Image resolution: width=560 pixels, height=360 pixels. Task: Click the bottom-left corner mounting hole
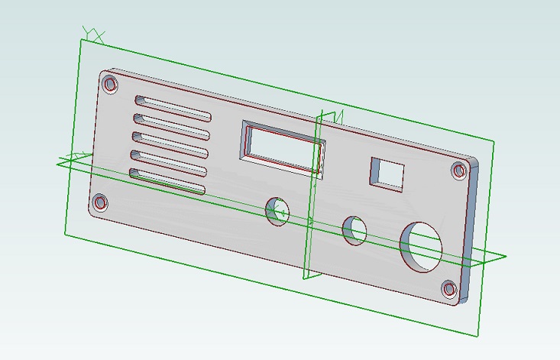(x=100, y=203)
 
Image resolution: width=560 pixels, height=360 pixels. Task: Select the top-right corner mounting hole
(x=459, y=170)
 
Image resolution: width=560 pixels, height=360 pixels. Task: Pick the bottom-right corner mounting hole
(x=449, y=289)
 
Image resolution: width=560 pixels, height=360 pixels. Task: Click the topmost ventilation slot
(x=173, y=109)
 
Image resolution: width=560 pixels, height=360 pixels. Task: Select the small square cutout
(x=387, y=174)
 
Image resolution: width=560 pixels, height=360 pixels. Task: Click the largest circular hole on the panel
(x=422, y=246)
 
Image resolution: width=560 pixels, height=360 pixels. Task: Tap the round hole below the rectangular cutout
(x=277, y=211)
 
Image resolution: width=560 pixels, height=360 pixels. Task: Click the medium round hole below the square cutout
(x=354, y=230)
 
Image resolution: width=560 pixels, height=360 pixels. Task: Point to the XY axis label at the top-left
(x=94, y=34)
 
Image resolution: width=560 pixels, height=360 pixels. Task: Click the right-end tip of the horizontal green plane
(x=503, y=258)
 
